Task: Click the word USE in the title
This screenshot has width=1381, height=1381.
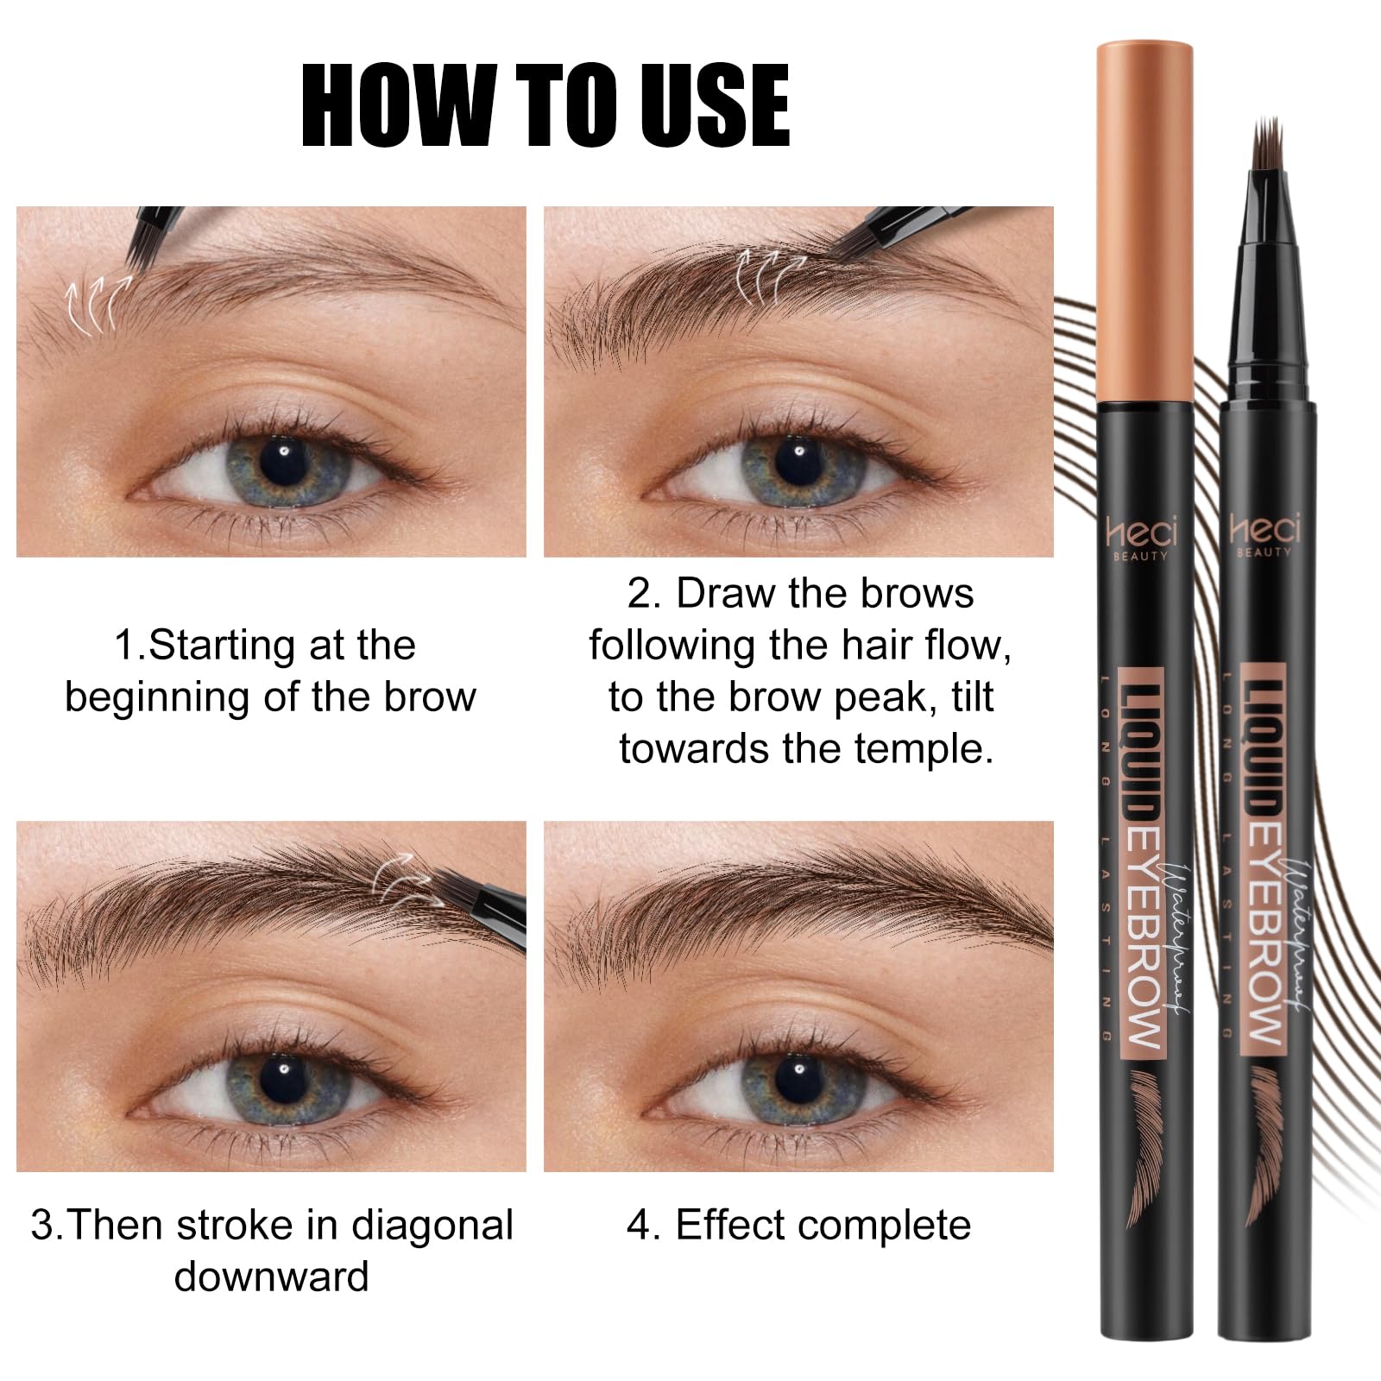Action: (x=703, y=106)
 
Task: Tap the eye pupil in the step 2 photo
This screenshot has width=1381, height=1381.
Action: (x=797, y=455)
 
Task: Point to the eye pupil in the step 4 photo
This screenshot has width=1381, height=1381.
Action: (x=794, y=1069)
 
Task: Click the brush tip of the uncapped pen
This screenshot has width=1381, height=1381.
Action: (x=1266, y=147)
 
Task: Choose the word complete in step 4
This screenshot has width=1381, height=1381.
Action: (x=885, y=1225)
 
